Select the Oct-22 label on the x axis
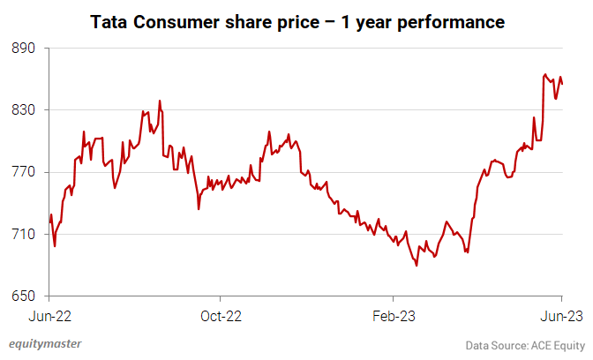click(x=220, y=314)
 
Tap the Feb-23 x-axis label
click(x=392, y=314)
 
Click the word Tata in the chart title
click(x=109, y=21)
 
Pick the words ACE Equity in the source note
click(x=557, y=344)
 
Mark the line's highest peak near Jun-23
click(x=544, y=75)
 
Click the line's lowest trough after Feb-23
click(x=417, y=266)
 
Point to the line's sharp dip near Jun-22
click(x=55, y=245)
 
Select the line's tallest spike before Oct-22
click(x=160, y=101)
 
